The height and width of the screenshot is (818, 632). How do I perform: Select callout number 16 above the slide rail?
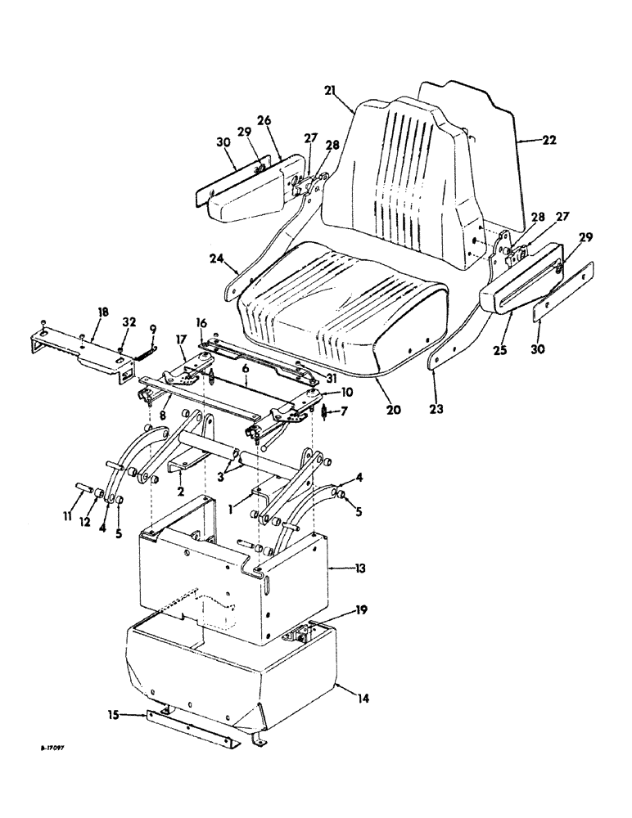tap(201, 324)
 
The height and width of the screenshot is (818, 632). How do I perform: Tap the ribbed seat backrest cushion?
tap(401, 180)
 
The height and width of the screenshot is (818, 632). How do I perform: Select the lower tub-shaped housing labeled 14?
tap(229, 671)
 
